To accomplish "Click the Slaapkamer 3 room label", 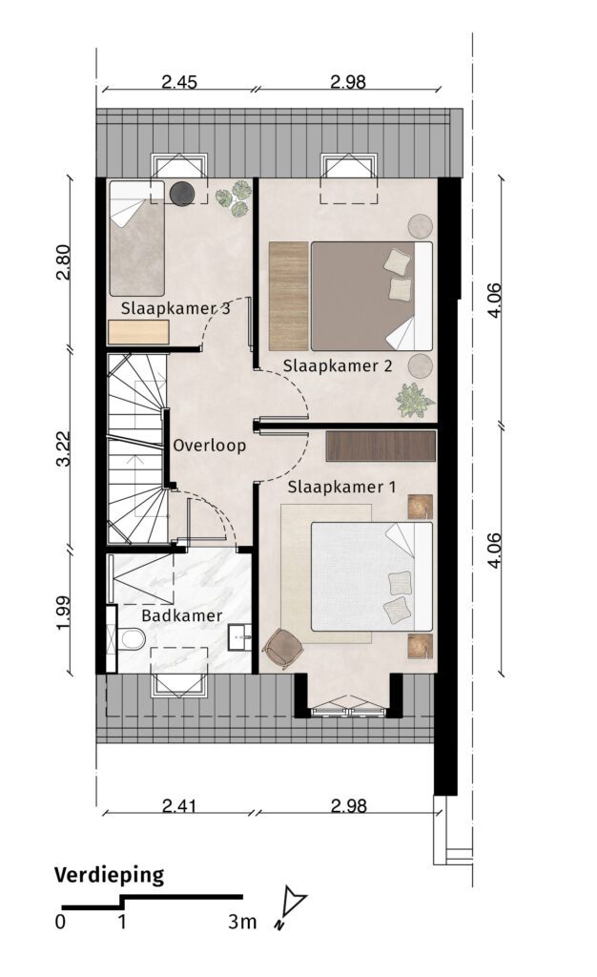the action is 175,308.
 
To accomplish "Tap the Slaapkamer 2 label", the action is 338,365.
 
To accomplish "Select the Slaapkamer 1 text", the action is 341,487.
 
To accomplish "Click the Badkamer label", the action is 182,616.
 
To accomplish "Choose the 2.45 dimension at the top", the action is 179,82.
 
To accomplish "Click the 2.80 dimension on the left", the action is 64,261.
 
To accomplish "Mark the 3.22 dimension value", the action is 64,448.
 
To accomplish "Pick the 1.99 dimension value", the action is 64,613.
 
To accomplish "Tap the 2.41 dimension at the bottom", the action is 179,806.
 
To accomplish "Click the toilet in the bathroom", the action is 132,638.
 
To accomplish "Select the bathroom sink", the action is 240,636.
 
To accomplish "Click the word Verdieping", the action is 109,876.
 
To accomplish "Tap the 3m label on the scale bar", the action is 242,922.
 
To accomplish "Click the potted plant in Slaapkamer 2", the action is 414,400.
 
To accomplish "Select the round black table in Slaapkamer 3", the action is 182,193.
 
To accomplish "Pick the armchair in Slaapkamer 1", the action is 284,649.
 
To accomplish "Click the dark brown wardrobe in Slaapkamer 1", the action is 381,447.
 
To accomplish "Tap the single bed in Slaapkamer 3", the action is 137,238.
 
